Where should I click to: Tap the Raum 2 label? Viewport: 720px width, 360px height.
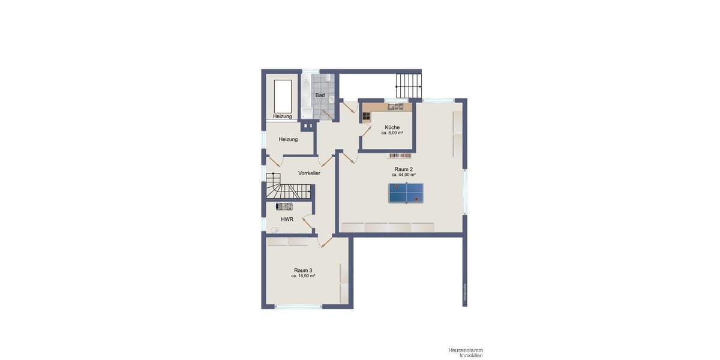tap(403, 169)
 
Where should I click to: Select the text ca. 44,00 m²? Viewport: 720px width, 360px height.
tap(403, 175)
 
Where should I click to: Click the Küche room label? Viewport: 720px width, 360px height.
tap(392, 127)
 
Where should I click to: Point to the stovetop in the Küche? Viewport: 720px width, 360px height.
tap(367, 115)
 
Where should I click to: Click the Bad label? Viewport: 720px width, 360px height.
tap(320, 95)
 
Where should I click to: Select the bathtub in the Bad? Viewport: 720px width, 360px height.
tap(306, 96)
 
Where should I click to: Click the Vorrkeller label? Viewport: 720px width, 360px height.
tap(309, 173)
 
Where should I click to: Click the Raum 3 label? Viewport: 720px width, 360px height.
tap(303, 270)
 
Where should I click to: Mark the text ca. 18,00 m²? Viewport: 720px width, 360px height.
tap(303, 276)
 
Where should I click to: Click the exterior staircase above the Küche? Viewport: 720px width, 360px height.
tap(408, 86)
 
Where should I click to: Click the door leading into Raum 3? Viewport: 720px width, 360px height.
tap(327, 242)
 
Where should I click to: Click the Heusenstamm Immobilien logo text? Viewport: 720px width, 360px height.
tap(465, 352)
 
